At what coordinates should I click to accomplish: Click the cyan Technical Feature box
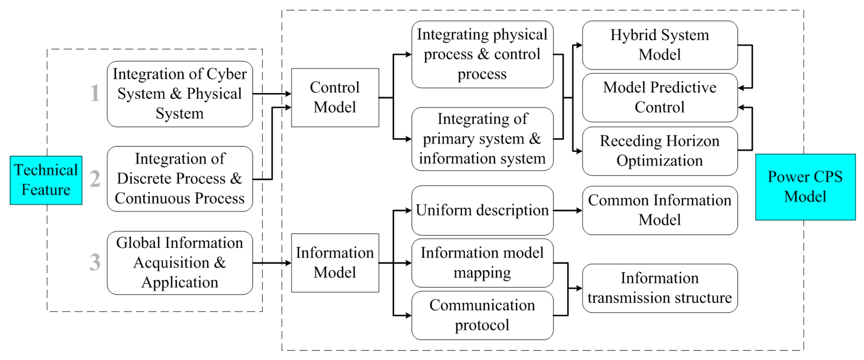(46, 180)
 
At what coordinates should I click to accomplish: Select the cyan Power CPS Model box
(805, 187)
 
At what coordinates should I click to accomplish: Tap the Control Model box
(335, 98)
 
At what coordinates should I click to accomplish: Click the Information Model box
(335, 263)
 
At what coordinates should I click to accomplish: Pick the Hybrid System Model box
(660, 45)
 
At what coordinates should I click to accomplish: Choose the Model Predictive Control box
(660, 98)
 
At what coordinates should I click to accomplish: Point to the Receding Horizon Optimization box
(660, 151)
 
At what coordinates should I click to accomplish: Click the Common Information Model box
(660, 210)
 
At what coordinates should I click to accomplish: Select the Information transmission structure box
(660, 288)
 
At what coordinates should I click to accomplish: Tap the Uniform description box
(482, 210)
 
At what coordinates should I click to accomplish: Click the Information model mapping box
(482, 263)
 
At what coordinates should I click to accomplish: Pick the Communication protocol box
(482, 315)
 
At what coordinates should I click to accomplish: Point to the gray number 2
(95, 179)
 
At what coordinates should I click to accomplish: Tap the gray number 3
(95, 262)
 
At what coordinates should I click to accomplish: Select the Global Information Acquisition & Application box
(180, 263)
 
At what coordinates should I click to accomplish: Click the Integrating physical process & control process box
(482, 54)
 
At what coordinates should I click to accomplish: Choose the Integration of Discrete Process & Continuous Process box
(180, 179)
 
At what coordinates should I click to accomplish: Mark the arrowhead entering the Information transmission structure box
(579, 288)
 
